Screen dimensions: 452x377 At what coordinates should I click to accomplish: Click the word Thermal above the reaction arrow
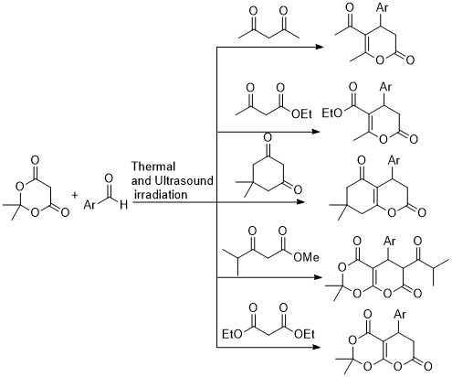click(153, 167)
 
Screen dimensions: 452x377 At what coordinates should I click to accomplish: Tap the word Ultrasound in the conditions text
click(184, 180)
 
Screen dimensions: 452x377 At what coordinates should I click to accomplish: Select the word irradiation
click(161, 194)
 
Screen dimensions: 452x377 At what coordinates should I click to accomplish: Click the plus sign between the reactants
click(75, 195)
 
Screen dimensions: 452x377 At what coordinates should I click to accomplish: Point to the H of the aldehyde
click(123, 205)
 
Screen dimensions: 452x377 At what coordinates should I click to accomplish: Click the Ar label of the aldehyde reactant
click(89, 205)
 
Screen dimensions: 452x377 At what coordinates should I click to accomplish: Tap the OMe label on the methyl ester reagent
click(306, 257)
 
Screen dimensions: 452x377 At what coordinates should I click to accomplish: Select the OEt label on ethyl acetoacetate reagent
click(301, 114)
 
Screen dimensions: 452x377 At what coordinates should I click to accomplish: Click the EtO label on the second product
click(332, 113)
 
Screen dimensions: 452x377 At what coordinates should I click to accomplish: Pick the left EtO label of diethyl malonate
click(232, 334)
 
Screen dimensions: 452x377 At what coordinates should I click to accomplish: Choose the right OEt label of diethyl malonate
click(304, 334)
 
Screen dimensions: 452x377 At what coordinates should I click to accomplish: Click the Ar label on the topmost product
click(383, 7)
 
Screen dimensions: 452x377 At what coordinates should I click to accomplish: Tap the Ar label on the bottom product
click(400, 314)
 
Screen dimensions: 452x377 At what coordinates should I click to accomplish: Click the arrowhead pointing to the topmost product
click(319, 47)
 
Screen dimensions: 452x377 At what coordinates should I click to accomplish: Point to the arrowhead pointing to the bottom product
click(317, 347)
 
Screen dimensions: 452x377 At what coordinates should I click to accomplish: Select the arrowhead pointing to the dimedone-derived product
click(300, 202)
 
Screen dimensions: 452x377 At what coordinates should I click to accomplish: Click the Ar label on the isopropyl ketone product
click(390, 241)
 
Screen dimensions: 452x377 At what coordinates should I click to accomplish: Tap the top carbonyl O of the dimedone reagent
click(268, 137)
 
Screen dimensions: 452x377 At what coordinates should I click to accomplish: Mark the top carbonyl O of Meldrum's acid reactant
click(35, 160)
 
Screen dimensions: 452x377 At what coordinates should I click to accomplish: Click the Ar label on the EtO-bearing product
click(385, 88)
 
